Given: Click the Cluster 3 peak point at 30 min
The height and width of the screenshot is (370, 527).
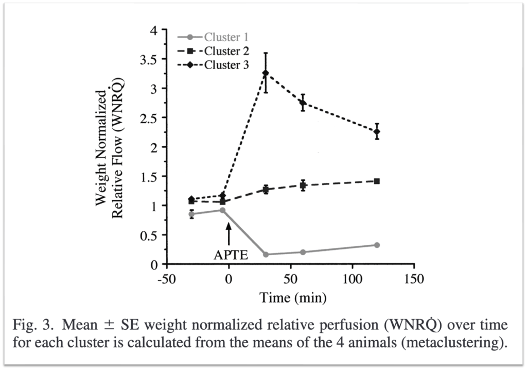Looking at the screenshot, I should click(x=266, y=73).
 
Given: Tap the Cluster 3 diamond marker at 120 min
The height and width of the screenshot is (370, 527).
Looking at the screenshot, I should click(x=377, y=131).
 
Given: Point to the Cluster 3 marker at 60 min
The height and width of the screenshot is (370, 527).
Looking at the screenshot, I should click(x=303, y=103).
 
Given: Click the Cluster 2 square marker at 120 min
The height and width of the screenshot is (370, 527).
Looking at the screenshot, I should click(x=377, y=181).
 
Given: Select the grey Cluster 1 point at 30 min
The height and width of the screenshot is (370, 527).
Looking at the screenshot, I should click(x=266, y=255).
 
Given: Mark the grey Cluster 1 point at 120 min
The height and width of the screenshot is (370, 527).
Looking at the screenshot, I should click(x=377, y=245).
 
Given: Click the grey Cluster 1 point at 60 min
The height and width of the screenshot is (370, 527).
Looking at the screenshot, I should click(x=303, y=252).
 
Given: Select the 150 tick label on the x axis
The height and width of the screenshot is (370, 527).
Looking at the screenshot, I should click(x=414, y=280).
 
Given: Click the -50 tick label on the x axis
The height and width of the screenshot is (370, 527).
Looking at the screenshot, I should click(x=166, y=280).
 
